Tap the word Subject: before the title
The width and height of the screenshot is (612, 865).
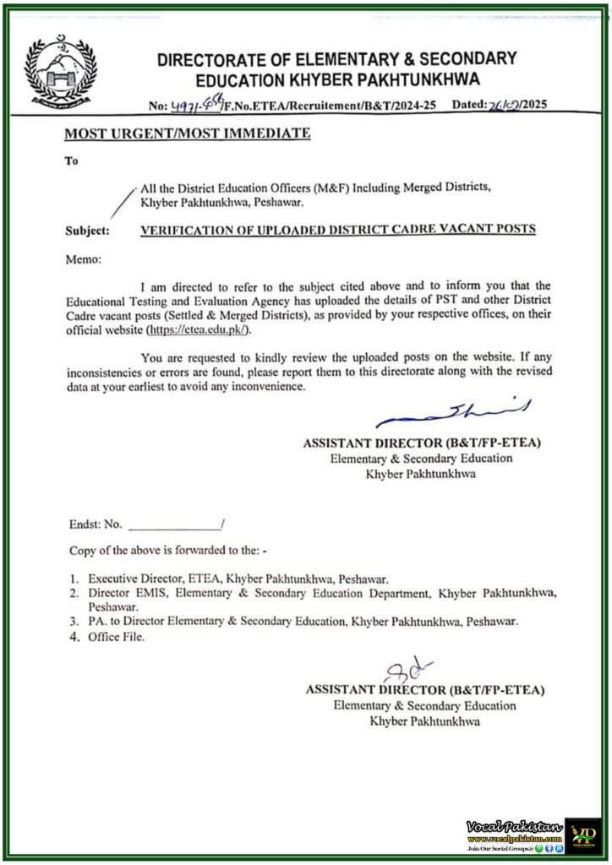(x=87, y=230)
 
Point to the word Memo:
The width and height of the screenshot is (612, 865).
(x=85, y=261)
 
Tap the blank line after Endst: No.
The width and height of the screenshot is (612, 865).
(x=172, y=524)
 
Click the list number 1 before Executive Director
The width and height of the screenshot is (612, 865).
(x=74, y=579)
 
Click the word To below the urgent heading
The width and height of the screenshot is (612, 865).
(x=71, y=161)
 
